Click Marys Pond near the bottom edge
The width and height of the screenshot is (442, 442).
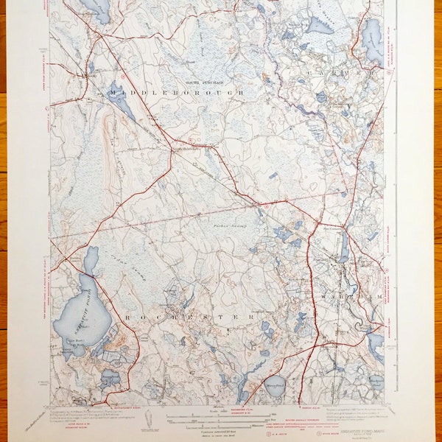coord(275,387)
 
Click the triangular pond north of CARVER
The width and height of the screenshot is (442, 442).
coord(321,26)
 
